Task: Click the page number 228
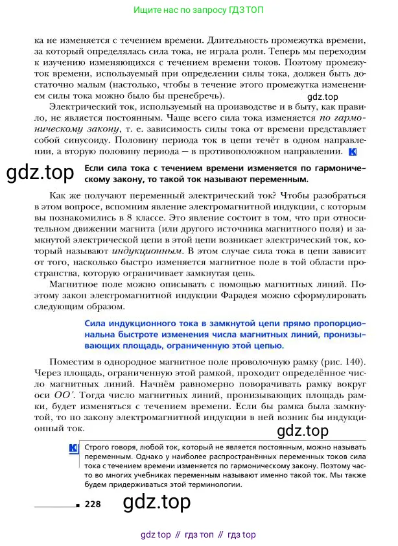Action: [x=92, y=504]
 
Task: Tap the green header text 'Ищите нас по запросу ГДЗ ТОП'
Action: [x=198, y=11]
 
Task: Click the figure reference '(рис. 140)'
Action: [x=344, y=361]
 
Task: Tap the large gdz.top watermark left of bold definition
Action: [x=40, y=173]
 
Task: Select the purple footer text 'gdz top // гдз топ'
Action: [x=198, y=535]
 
